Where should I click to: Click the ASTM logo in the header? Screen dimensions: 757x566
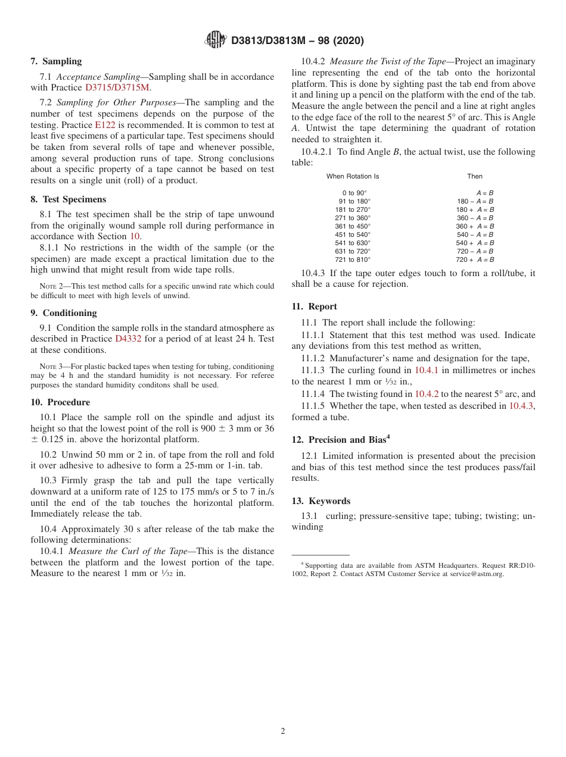[215, 40]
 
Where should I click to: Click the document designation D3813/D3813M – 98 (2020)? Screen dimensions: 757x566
[297, 40]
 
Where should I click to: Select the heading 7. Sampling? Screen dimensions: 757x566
[56, 61]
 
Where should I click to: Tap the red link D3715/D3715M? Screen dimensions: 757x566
[118, 87]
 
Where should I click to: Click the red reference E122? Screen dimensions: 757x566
[105, 125]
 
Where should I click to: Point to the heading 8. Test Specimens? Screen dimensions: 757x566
[68, 199]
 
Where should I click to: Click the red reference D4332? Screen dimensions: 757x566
[126, 339]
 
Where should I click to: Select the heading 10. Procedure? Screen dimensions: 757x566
[60, 402]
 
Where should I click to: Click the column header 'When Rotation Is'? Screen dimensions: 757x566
[353, 176]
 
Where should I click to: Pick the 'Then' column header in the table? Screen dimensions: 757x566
[475, 176]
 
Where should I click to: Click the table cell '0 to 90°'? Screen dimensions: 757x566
[354, 193]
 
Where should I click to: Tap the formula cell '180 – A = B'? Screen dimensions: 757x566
[475, 201]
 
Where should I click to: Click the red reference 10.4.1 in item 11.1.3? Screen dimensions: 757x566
[427, 370]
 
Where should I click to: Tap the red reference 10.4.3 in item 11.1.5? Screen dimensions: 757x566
[521, 405]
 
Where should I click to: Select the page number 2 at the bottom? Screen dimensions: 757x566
[283, 731]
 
